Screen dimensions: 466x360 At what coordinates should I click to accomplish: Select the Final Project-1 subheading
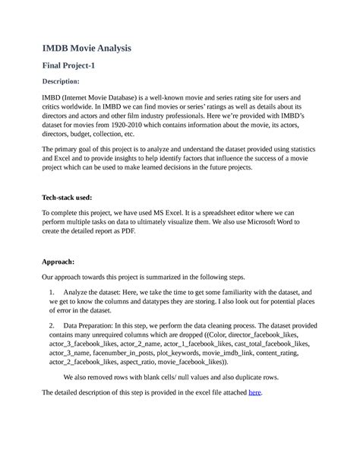[68, 66]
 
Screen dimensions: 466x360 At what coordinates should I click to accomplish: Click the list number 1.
[51, 292]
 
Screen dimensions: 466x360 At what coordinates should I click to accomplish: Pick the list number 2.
[51, 325]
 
